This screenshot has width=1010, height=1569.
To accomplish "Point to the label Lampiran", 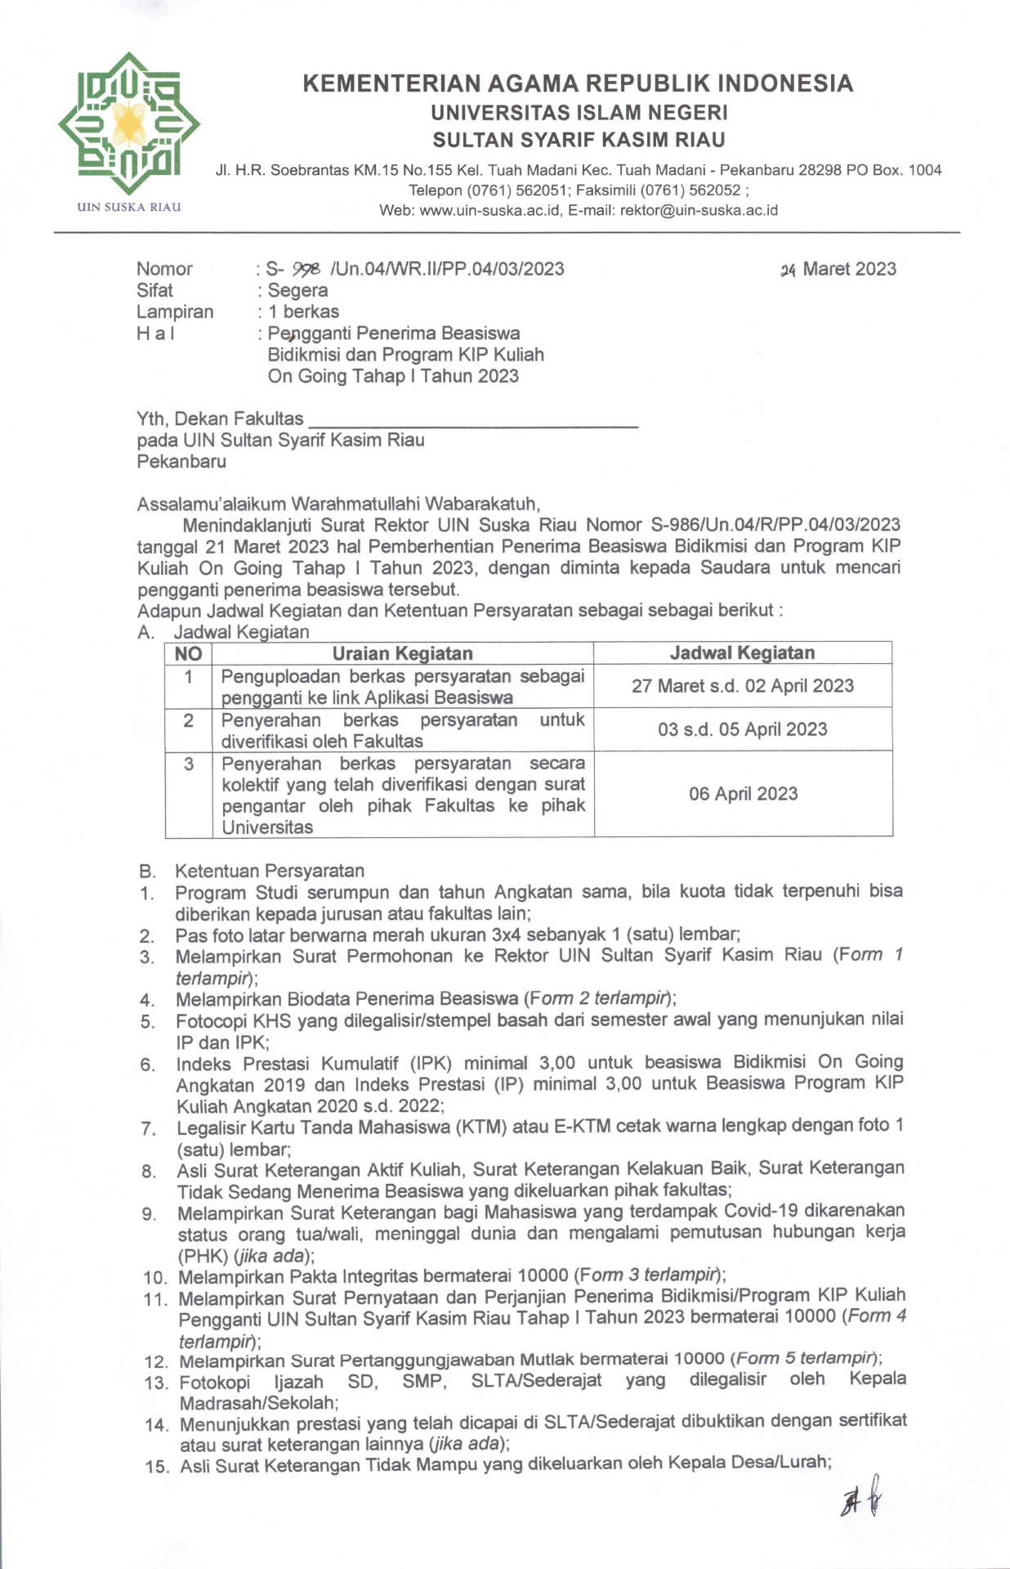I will coord(175,312).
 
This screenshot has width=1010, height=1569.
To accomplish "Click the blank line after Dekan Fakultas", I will coord(472,420).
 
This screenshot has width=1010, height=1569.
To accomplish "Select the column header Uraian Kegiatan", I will coord(402,653).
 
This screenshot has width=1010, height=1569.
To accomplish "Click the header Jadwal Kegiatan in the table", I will coord(742,652).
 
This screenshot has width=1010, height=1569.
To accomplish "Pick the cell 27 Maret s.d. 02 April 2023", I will coord(742,686).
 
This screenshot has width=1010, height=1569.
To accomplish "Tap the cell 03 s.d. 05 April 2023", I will coord(742,729).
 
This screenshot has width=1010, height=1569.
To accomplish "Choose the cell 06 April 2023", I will coord(742,793).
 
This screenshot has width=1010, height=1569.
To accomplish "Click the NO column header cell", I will coord(188,653).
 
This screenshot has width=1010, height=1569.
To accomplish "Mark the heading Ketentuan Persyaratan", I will coord(269,871).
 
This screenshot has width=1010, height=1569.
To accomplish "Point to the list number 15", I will coord(157,1467).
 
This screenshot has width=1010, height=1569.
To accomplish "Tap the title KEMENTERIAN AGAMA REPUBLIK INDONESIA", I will coord(577,83).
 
